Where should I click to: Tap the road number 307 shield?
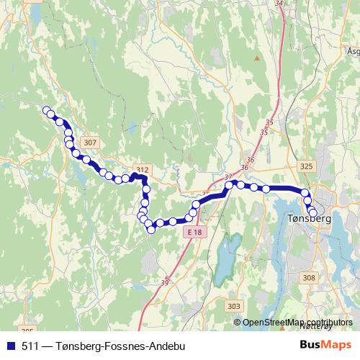(89, 143)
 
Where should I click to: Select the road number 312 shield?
(142, 170)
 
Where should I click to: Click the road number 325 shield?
(307, 166)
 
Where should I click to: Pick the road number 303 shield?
(233, 307)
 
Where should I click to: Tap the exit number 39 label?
(165, 282)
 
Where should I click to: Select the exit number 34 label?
(280, 4)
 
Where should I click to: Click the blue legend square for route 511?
(9, 346)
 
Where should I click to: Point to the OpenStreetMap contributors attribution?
(297, 322)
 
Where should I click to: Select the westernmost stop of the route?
(47, 110)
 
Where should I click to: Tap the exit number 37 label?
(229, 177)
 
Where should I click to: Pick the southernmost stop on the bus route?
(150, 230)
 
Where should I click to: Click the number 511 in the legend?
(31, 346)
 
